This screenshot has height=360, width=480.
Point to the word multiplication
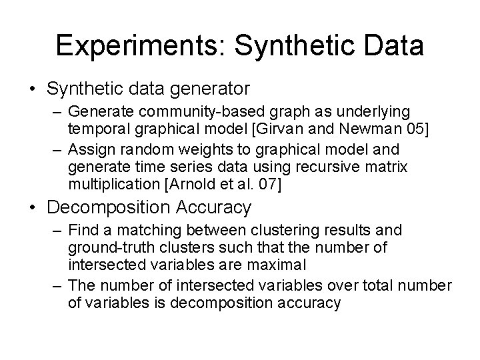(105, 183)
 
